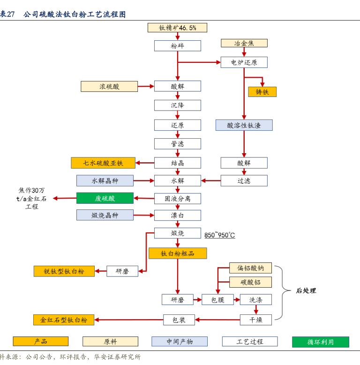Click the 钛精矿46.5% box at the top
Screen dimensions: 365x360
(178, 28)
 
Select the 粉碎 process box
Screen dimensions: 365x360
(178, 46)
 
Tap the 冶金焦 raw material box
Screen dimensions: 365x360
(244, 43)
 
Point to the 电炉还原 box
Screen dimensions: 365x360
(244, 62)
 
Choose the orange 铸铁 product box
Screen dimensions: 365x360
(262, 92)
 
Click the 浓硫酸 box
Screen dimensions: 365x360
(109, 86)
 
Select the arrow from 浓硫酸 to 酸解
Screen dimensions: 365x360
(146, 86)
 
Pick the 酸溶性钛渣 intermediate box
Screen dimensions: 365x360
(244, 125)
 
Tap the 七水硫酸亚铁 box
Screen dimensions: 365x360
(103, 163)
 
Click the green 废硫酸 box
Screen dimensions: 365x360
(105, 198)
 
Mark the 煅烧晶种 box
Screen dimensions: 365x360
(105, 215)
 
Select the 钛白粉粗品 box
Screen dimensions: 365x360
(178, 253)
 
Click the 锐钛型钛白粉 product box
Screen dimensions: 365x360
(64, 271)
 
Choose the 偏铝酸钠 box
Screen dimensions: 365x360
(250, 268)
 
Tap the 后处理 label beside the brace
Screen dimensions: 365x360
(306, 291)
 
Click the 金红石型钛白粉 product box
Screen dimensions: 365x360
(64, 320)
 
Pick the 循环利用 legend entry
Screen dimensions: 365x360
(320, 342)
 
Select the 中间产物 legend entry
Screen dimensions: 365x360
(180, 342)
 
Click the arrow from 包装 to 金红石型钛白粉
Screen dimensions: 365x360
(128, 320)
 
